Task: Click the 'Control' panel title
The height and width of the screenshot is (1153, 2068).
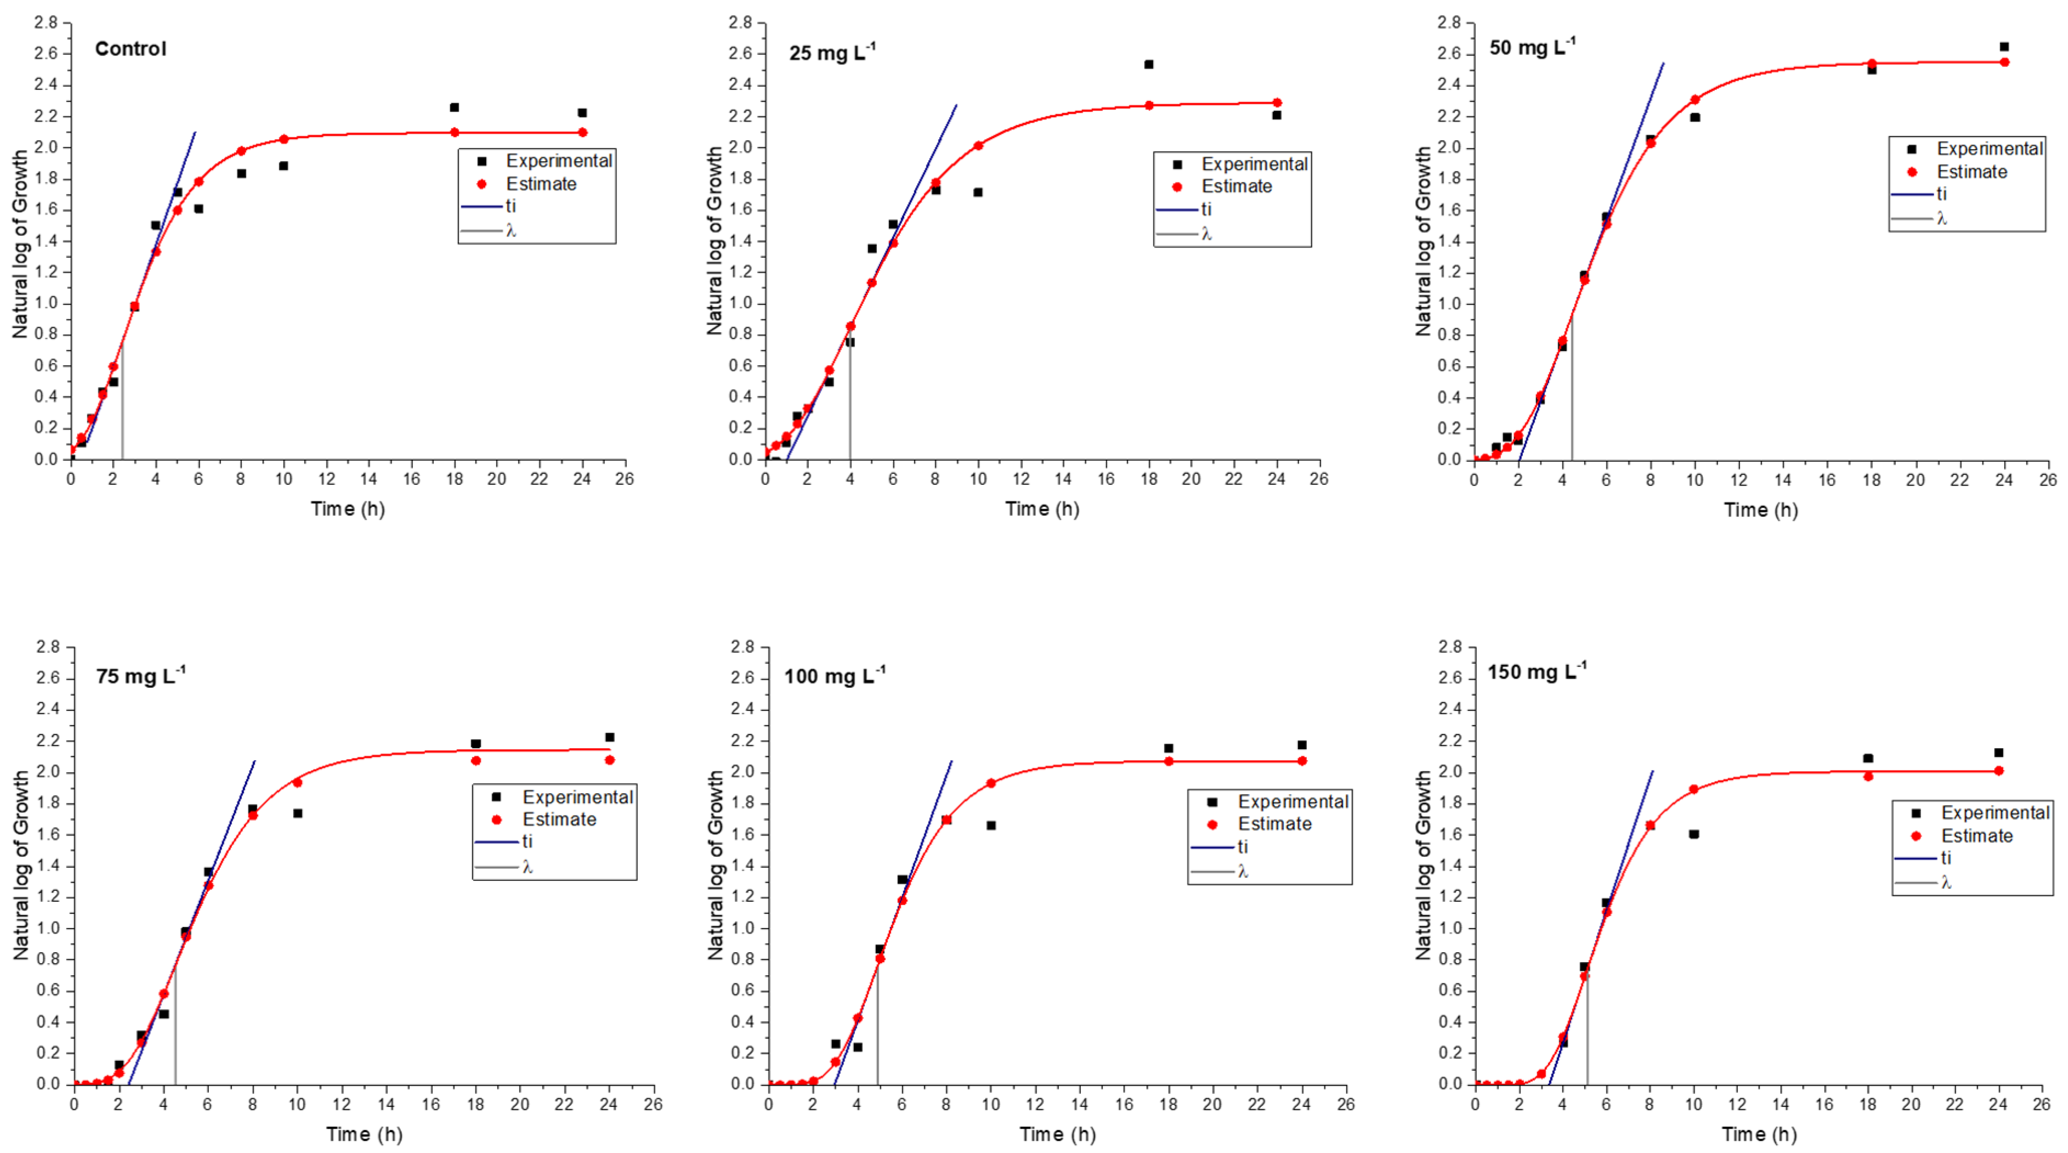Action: coord(130,49)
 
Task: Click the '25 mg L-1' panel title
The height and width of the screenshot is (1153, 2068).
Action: coord(832,53)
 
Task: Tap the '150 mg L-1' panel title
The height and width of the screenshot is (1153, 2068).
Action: coord(1537,672)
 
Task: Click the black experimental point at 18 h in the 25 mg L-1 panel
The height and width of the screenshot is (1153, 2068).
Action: coord(1149,64)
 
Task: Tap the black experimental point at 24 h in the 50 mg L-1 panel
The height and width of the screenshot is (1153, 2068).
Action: coord(2004,47)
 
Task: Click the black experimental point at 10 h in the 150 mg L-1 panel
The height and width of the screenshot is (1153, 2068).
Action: coord(1694,834)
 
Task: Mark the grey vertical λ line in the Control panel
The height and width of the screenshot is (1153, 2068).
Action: coord(122,402)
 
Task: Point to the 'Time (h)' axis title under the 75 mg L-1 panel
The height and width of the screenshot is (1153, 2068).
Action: coord(364,1134)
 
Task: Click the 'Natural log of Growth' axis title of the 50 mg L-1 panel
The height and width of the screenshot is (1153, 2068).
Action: coord(1423,241)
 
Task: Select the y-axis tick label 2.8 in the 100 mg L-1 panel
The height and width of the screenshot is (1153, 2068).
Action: coord(744,647)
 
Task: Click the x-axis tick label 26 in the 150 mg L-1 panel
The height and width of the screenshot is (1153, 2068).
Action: coord(2042,1105)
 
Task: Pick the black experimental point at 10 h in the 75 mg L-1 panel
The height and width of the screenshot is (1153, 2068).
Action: coord(298,813)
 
